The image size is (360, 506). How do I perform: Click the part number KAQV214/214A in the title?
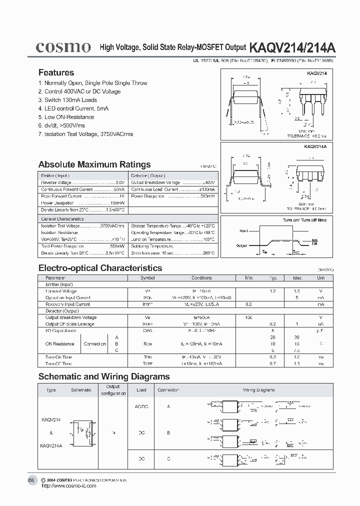click(x=292, y=47)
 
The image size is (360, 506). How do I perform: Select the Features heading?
click(x=56, y=72)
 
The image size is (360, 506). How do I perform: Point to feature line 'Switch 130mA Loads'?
click(x=70, y=100)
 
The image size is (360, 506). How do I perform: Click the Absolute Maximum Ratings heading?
click(x=94, y=164)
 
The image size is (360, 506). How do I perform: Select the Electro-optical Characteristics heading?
click(x=100, y=268)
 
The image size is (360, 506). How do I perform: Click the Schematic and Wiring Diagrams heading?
click(x=104, y=376)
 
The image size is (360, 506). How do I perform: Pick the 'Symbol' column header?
click(x=147, y=277)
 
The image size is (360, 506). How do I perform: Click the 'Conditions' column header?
click(x=201, y=277)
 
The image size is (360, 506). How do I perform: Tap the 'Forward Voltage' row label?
click(x=61, y=291)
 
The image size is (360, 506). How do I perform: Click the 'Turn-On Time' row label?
click(x=58, y=357)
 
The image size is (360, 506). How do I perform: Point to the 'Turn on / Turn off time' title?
click(x=304, y=220)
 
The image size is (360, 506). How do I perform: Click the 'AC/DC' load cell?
click(x=141, y=406)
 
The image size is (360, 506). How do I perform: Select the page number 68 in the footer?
click(x=31, y=480)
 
